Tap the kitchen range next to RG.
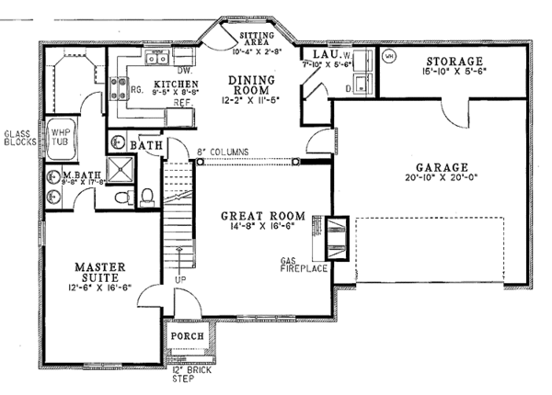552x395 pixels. coord(119,89)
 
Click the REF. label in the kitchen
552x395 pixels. coord(183,103)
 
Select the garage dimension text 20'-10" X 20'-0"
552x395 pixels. coord(438,180)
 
